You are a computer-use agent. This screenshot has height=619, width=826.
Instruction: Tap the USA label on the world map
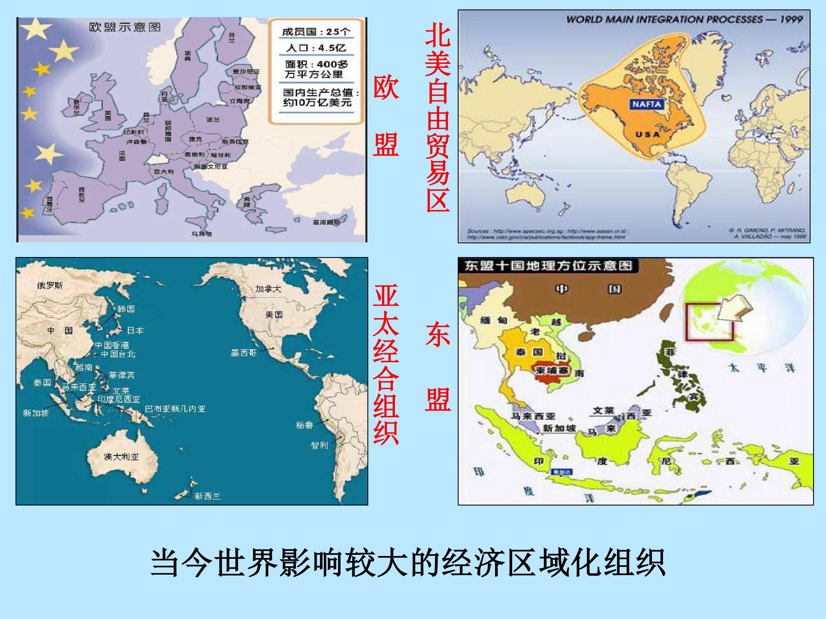click(x=648, y=134)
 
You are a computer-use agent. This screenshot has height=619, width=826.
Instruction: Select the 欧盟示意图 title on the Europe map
click(x=125, y=27)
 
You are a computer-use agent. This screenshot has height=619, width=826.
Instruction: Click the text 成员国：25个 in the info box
click(x=316, y=32)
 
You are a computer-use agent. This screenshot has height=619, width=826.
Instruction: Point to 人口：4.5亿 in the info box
click(x=316, y=48)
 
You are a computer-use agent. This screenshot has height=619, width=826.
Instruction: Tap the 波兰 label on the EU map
click(x=213, y=120)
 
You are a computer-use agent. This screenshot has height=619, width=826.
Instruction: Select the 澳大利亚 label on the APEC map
click(x=121, y=457)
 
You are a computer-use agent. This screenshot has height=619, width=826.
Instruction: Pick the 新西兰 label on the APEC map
click(x=207, y=496)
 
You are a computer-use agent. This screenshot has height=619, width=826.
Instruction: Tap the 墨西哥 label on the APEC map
click(x=243, y=352)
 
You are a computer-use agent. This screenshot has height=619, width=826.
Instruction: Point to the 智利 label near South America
click(x=319, y=445)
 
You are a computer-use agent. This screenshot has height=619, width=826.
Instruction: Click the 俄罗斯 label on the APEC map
click(x=50, y=285)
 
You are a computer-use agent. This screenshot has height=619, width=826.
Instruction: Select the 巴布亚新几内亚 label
click(x=175, y=409)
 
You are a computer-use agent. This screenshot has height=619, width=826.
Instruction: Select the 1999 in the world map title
click(x=791, y=19)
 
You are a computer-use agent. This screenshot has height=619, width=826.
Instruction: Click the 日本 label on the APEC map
click(x=135, y=330)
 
